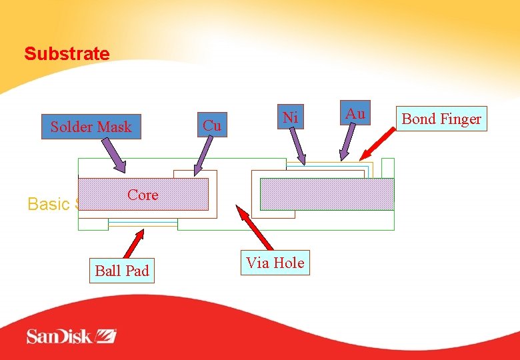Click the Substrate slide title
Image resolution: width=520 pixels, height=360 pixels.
tap(67, 54)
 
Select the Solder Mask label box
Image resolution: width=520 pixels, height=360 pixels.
tap(91, 127)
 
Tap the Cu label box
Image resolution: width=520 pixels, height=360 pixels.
tap(212, 125)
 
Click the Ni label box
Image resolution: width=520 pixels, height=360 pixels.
tap(289, 117)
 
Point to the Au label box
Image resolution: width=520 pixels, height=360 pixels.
tap(355, 114)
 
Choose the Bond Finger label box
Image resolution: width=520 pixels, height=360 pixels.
tap(441, 119)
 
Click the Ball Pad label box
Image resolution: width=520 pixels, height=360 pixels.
tap(122, 271)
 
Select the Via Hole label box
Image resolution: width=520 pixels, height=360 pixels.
tap(275, 263)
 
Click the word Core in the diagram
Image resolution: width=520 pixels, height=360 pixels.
tap(143, 195)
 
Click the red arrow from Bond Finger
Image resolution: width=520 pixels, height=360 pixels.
tap(377, 144)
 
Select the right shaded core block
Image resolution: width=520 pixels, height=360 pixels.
tap(327, 194)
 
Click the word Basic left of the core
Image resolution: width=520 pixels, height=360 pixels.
tap(48, 204)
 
